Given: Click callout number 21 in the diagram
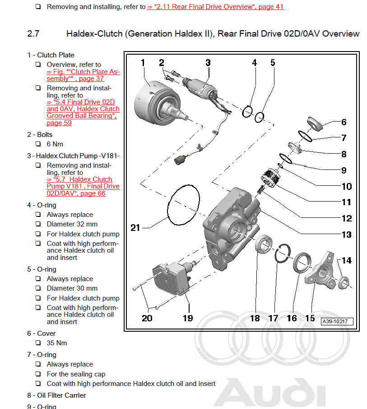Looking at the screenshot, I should (x=135, y=228).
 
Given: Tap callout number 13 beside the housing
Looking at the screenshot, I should (x=346, y=235).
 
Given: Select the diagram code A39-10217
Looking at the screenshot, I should (x=337, y=322).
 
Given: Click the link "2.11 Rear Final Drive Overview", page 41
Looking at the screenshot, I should (x=215, y=7).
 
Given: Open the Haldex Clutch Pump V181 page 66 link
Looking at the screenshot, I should (x=83, y=186).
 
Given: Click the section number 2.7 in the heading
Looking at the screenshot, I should (x=33, y=34).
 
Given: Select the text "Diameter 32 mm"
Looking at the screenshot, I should (x=72, y=224).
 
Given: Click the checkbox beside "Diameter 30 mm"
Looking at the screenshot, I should (x=38, y=288).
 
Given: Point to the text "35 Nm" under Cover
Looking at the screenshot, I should (x=56, y=343).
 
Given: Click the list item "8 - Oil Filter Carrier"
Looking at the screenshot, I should (x=56, y=395).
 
